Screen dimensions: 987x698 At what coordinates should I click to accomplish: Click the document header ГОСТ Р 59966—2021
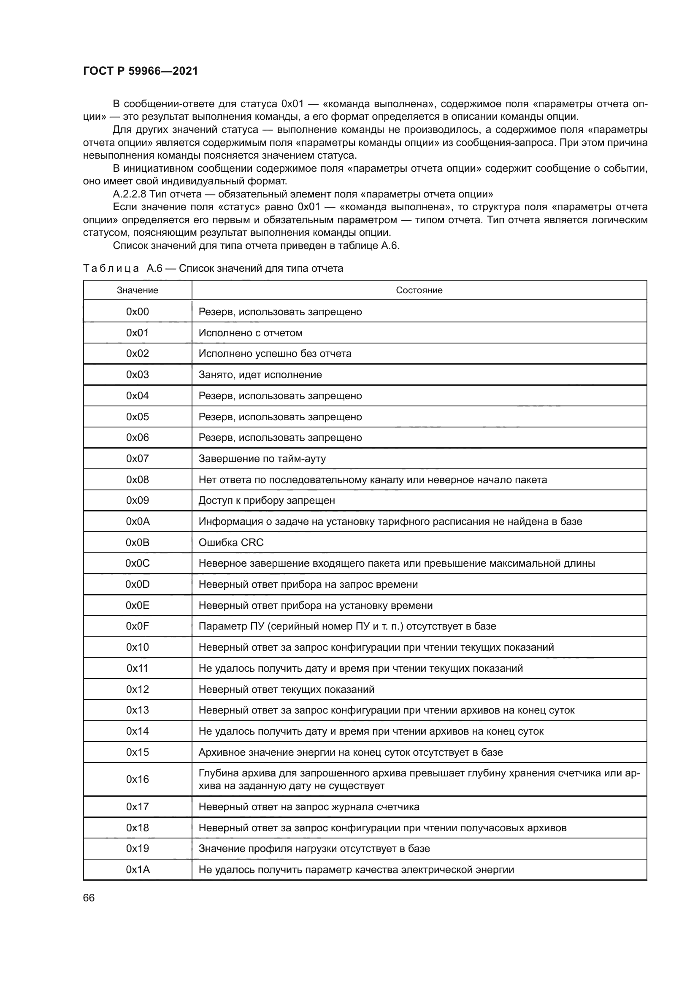pos(140,71)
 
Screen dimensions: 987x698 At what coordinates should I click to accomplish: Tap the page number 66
pos(89,898)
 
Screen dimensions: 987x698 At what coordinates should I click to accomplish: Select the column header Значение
pos(137,290)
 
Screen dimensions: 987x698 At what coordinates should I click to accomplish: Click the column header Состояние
pos(419,290)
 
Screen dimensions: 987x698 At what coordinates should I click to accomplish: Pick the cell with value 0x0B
pos(137,543)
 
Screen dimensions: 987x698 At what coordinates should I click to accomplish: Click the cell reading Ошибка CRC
pos(231,543)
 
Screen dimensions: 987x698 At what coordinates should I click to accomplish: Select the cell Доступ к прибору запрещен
pos(266,500)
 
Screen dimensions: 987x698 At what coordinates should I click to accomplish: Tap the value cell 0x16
pos(137,779)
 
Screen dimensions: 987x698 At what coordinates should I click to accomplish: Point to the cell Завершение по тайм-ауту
pos(262,459)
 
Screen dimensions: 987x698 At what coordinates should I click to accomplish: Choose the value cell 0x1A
pos(137,870)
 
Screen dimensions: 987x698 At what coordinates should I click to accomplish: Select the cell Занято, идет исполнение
pos(260,374)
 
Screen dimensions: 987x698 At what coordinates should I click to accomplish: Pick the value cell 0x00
pos(137,312)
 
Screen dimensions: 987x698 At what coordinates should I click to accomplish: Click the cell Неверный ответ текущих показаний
pos(286,690)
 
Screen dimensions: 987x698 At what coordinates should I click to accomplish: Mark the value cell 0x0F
pos(137,626)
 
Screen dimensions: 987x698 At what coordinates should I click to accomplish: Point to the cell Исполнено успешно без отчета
pos(275,353)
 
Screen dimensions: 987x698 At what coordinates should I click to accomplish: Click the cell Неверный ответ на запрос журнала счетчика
pos(308,807)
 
